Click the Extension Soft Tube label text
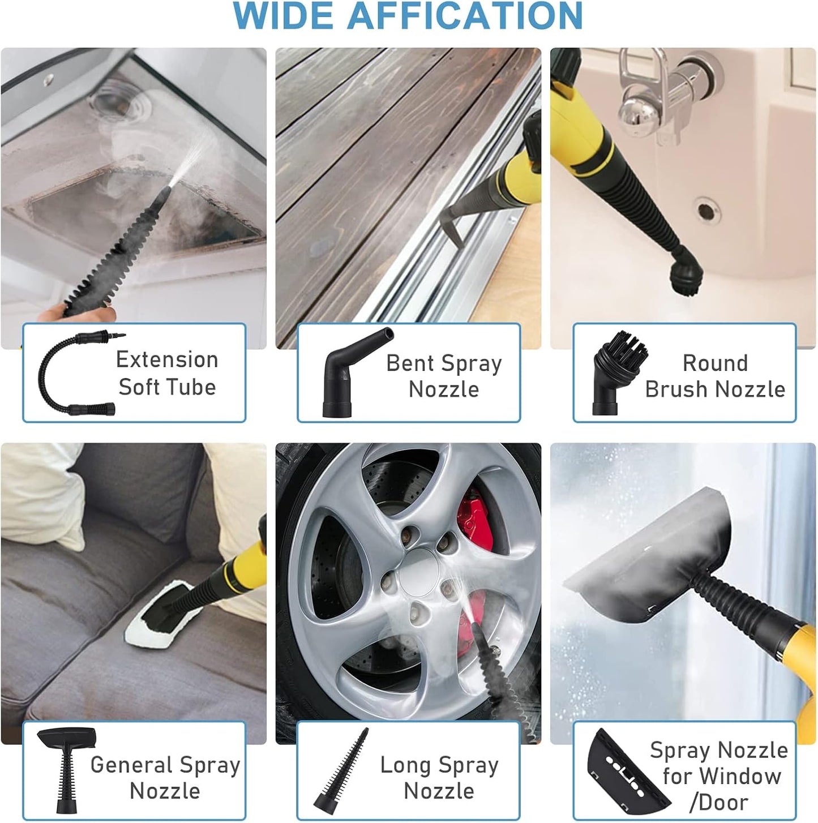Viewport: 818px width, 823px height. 167,373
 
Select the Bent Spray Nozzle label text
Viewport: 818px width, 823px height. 444,376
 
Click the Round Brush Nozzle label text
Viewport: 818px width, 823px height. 715,376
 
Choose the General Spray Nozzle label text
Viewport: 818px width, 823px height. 165,777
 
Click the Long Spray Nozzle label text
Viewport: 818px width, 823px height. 439,777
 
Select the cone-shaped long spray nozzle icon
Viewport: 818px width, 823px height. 341,771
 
